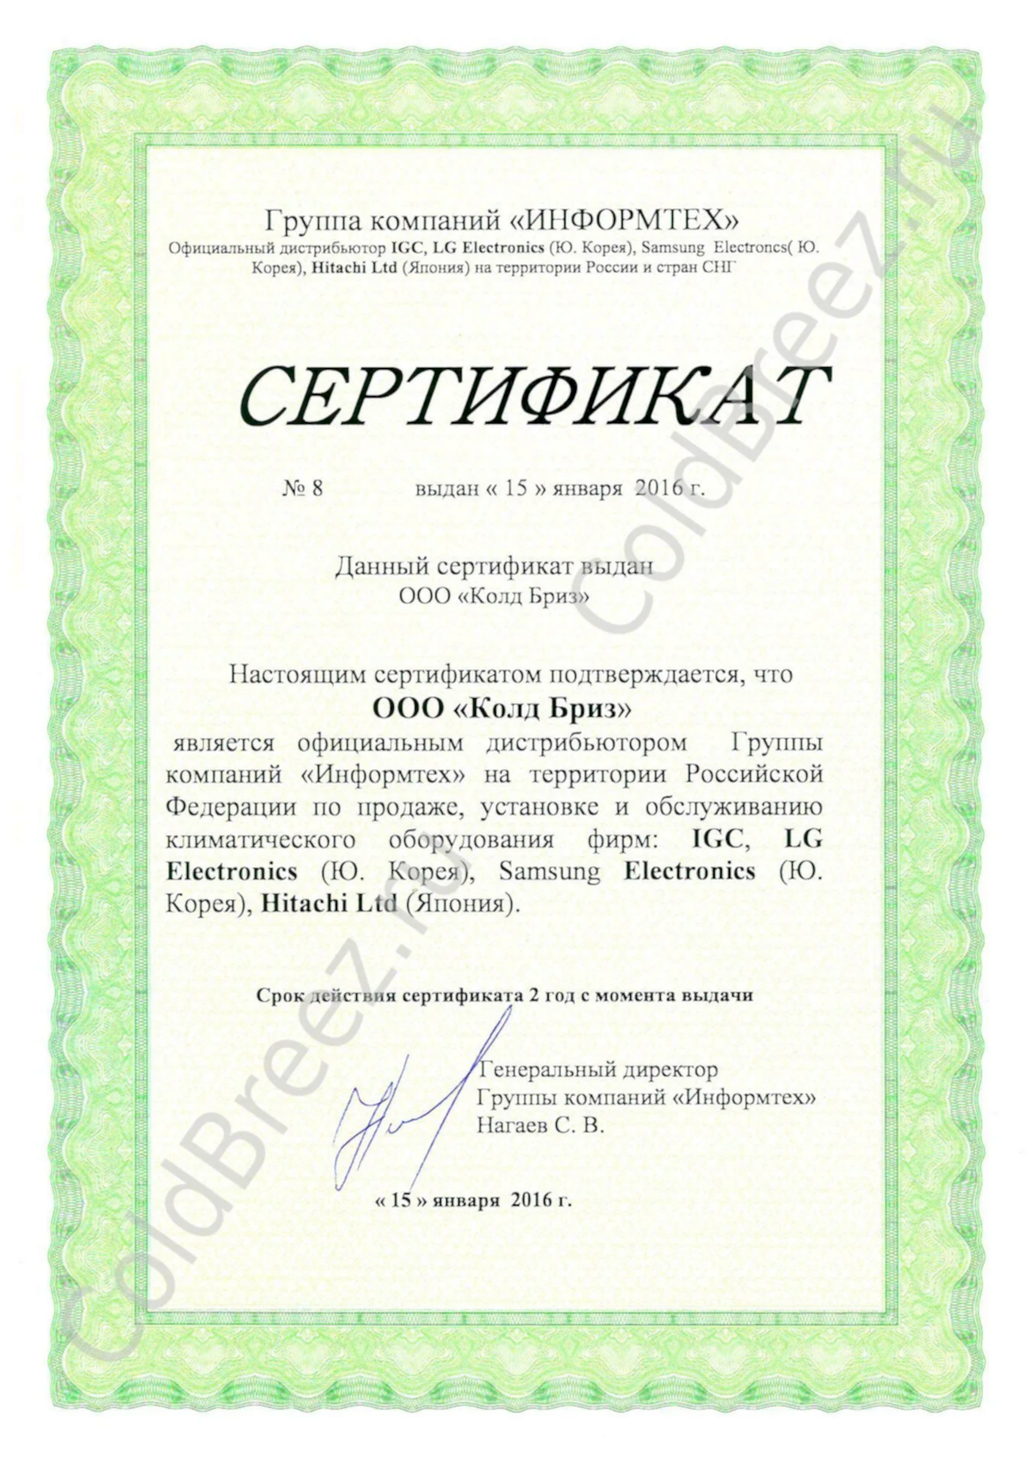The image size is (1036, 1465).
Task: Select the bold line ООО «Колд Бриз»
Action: tap(502, 709)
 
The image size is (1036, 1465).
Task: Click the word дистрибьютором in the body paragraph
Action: tap(586, 742)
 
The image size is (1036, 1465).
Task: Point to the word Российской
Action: tap(754, 774)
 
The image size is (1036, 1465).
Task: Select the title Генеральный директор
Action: tap(597, 1070)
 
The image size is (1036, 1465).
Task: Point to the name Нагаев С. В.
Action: tap(540, 1125)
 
